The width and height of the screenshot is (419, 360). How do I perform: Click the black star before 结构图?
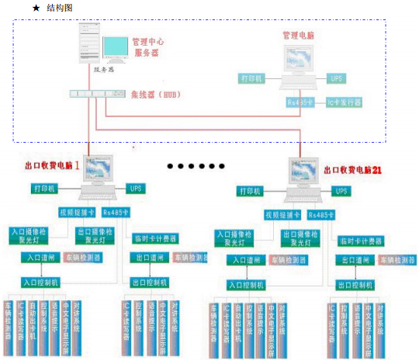[36, 7]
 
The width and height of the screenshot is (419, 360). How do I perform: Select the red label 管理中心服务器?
[147, 47]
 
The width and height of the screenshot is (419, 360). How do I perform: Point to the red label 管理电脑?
[300, 36]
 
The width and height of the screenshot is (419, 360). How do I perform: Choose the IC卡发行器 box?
[344, 102]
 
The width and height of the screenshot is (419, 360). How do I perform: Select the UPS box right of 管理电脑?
[336, 79]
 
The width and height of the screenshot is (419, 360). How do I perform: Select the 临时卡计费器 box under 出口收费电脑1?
[156, 238]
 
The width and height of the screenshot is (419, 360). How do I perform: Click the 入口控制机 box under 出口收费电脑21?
[247, 285]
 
